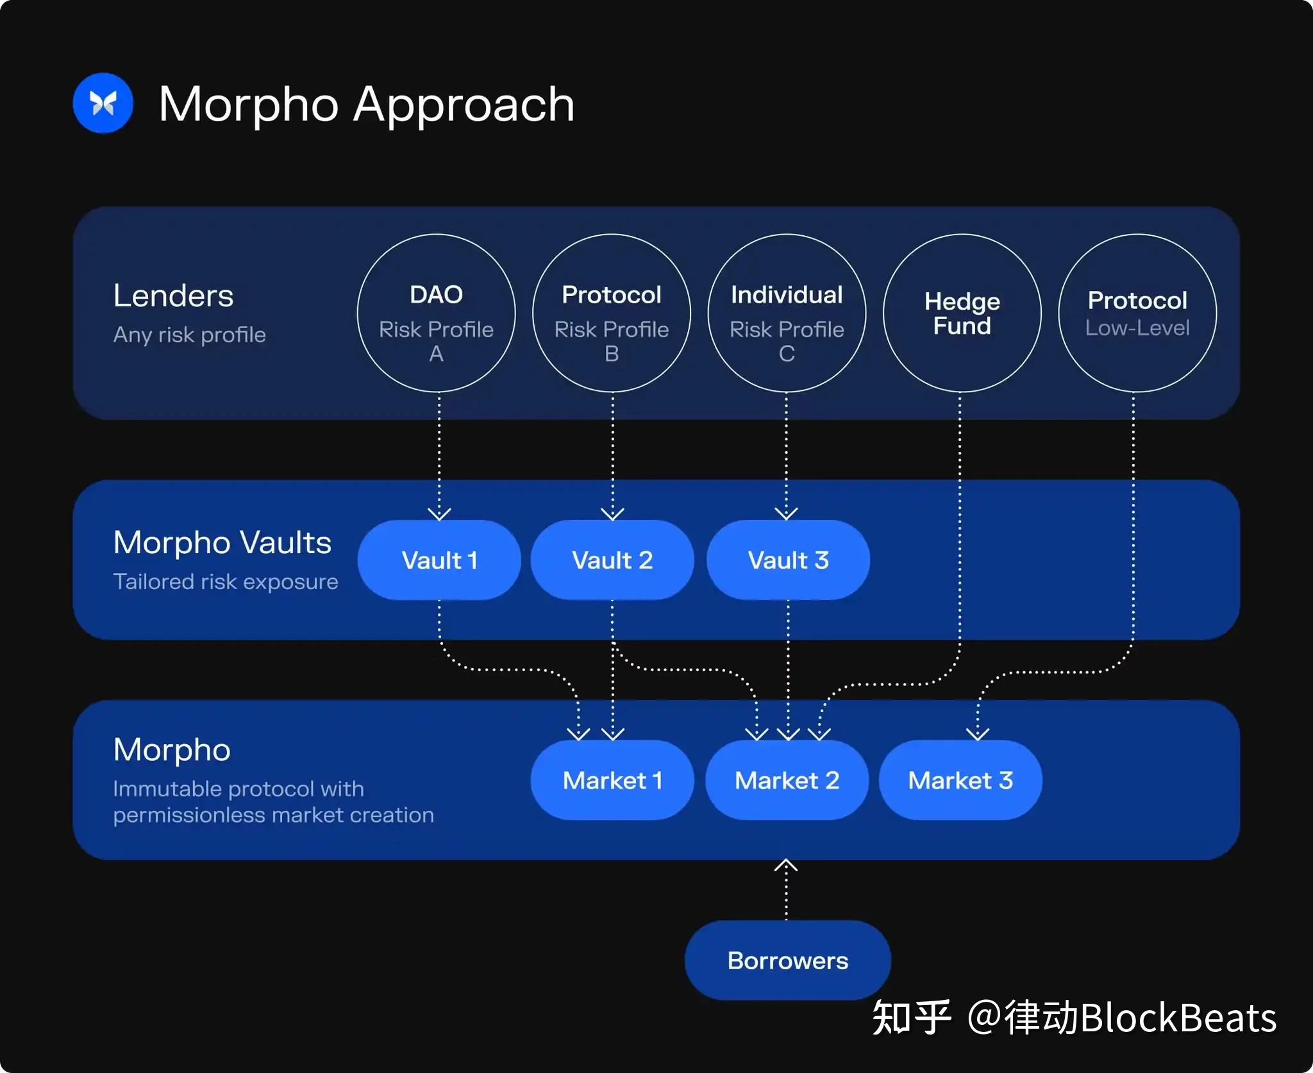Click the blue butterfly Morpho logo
click(x=103, y=103)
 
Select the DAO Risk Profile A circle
click(x=436, y=313)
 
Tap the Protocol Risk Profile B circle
click(x=611, y=313)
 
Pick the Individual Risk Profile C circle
click(x=787, y=313)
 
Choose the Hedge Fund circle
click(x=962, y=313)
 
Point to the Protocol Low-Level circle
click(x=1137, y=313)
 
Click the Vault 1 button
click(x=439, y=560)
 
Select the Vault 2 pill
click(x=612, y=560)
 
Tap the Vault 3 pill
click(x=788, y=560)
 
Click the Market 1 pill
click(x=612, y=780)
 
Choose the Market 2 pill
click(x=787, y=780)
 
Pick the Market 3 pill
click(x=960, y=780)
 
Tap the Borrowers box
click(x=787, y=960)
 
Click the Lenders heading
click(x=173, y=296)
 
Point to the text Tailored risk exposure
click(x=226, y=581)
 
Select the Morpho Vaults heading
click(x=222, y=542)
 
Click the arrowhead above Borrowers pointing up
click(x=786, y=866)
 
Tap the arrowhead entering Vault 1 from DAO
click(x=439, y=514)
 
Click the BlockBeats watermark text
click(x=1178, y=1018)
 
